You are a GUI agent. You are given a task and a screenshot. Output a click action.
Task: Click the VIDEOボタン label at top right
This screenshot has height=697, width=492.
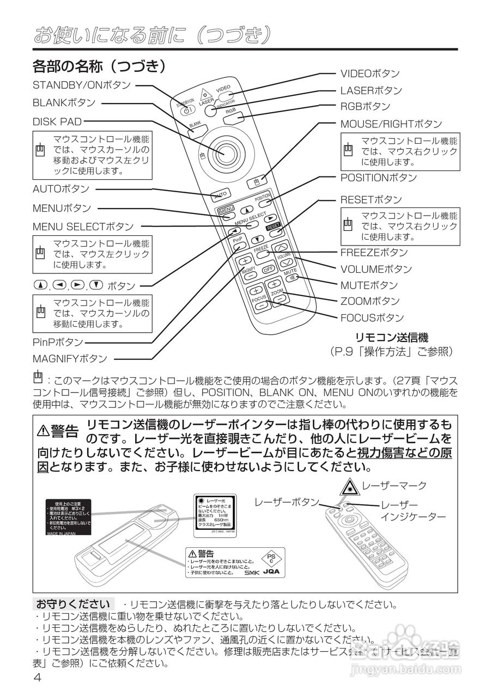point(370,74)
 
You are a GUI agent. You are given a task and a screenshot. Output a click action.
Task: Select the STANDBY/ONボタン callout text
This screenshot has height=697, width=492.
point(82,85)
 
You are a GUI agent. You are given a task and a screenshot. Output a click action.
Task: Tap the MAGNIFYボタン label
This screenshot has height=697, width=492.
point(70,359)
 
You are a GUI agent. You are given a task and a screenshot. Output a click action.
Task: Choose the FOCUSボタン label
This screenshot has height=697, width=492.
point(372,317)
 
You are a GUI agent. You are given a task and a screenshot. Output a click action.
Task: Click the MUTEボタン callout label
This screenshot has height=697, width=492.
point(369,285)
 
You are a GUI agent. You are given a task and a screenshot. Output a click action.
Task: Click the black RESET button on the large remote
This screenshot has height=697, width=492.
point(273,227)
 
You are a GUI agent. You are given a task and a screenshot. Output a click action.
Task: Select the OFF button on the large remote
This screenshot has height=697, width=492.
point(268,269)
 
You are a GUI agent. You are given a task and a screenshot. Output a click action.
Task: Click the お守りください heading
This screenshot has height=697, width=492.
point(73,604)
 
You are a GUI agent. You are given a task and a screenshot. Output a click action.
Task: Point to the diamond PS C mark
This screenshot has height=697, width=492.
point(271,558)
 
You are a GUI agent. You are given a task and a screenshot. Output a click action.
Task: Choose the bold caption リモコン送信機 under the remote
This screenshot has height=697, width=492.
point(392,338)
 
